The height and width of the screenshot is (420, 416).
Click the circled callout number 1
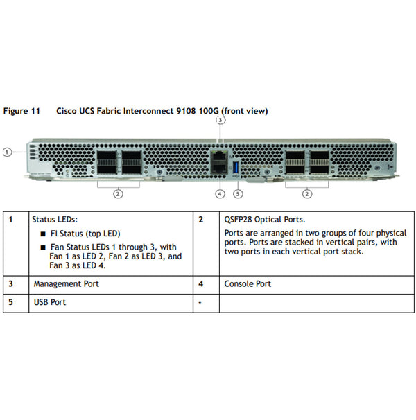tap(6, 151)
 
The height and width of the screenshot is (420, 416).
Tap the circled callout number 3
tap(220, 120)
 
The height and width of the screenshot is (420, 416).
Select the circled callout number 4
tap(220, 193)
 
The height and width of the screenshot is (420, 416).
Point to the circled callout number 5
tap(238, 193)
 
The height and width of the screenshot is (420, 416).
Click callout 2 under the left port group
tap(119, 193)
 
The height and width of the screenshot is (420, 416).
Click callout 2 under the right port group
tap(307, 193)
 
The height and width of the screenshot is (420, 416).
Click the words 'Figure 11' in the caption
tap(21, 111)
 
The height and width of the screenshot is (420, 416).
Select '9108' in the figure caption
tap(180, 111)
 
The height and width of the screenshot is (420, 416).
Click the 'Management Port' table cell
tap(66, 284)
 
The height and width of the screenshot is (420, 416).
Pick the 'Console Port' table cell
tap(248, 284)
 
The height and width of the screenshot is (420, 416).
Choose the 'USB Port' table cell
tap(50, 302)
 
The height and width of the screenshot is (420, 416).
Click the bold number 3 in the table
tap(10, 284)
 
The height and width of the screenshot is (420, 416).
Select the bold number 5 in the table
tap(10, 302)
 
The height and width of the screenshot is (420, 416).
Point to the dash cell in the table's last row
tap(200, 303)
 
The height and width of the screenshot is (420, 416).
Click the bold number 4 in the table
tap(200, 284)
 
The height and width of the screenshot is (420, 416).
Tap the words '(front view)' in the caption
tap(243, 111)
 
